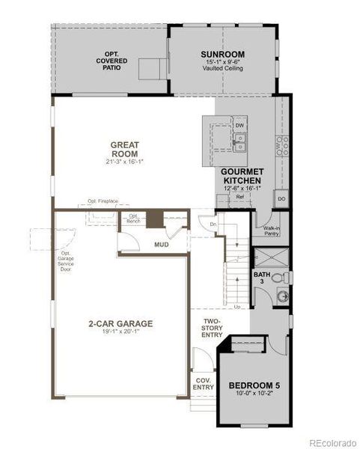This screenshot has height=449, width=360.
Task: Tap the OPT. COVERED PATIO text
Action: pyautogui.click(x=112, y=64)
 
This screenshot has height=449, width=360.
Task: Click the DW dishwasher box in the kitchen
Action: pyautogui.click(x=240, y=126)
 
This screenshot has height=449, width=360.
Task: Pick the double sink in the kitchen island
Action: pyautogui.click(x=239, y=142)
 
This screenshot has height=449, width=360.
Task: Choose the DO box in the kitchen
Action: pyautogui.click(x=281, y=199)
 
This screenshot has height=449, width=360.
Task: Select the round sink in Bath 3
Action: pyautogui.click(x=282, y=297)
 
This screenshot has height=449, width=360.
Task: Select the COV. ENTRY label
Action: pyautogui.click(x=204, y=383)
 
